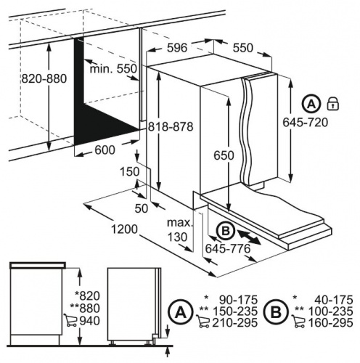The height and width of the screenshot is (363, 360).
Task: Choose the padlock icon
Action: [335, 102]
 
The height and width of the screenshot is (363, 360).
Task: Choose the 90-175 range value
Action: [237, 299]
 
